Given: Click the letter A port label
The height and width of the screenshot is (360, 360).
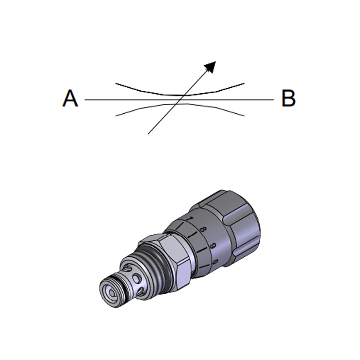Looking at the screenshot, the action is pos(70,98).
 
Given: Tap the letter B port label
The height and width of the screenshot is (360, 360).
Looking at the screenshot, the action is pos(288,98).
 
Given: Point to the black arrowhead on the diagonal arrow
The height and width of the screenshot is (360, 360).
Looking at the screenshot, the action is pos(210,67).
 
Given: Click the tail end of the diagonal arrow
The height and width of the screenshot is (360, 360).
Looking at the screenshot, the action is pos(148,134).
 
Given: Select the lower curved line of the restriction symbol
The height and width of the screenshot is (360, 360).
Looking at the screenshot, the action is pos(180,104).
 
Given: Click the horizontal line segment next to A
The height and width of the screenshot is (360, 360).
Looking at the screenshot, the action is pos(132,100).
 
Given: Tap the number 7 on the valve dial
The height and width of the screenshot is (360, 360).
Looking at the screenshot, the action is pos(190,218).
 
